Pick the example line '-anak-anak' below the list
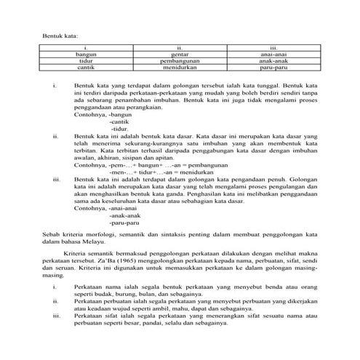click(x=124, y=215)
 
